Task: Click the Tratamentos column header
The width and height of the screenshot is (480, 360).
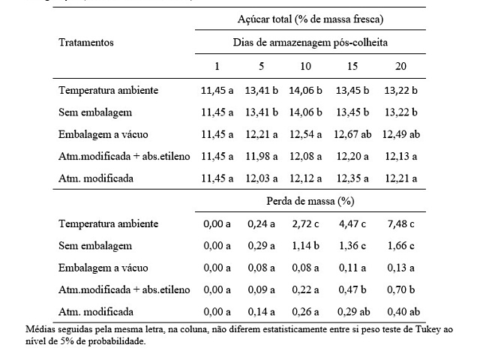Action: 86,42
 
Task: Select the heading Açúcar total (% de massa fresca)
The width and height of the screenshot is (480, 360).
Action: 310,19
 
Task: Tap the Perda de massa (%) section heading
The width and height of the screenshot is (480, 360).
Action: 310,201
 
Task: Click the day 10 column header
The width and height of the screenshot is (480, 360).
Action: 305,66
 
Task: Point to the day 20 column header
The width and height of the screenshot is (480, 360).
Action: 400,66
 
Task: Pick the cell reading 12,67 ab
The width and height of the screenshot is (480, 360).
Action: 352,134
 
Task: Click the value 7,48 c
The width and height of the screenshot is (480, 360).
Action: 400,223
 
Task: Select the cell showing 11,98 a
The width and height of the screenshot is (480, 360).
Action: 262,157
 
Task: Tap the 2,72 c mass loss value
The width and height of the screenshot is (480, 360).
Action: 305,223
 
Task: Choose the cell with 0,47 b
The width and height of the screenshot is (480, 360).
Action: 352,289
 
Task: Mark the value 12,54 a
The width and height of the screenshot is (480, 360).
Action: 305,134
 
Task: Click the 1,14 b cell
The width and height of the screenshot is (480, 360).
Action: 305,246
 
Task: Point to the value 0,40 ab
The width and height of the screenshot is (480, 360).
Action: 403,312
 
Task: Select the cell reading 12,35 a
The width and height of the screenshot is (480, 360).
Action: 352,178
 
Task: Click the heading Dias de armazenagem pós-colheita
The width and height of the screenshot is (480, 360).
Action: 310,42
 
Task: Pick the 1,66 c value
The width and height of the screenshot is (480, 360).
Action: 400,246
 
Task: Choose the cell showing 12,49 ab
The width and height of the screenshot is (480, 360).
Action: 401,134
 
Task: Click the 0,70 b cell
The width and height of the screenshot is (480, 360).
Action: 400,289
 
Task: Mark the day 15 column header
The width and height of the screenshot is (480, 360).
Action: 352,66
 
